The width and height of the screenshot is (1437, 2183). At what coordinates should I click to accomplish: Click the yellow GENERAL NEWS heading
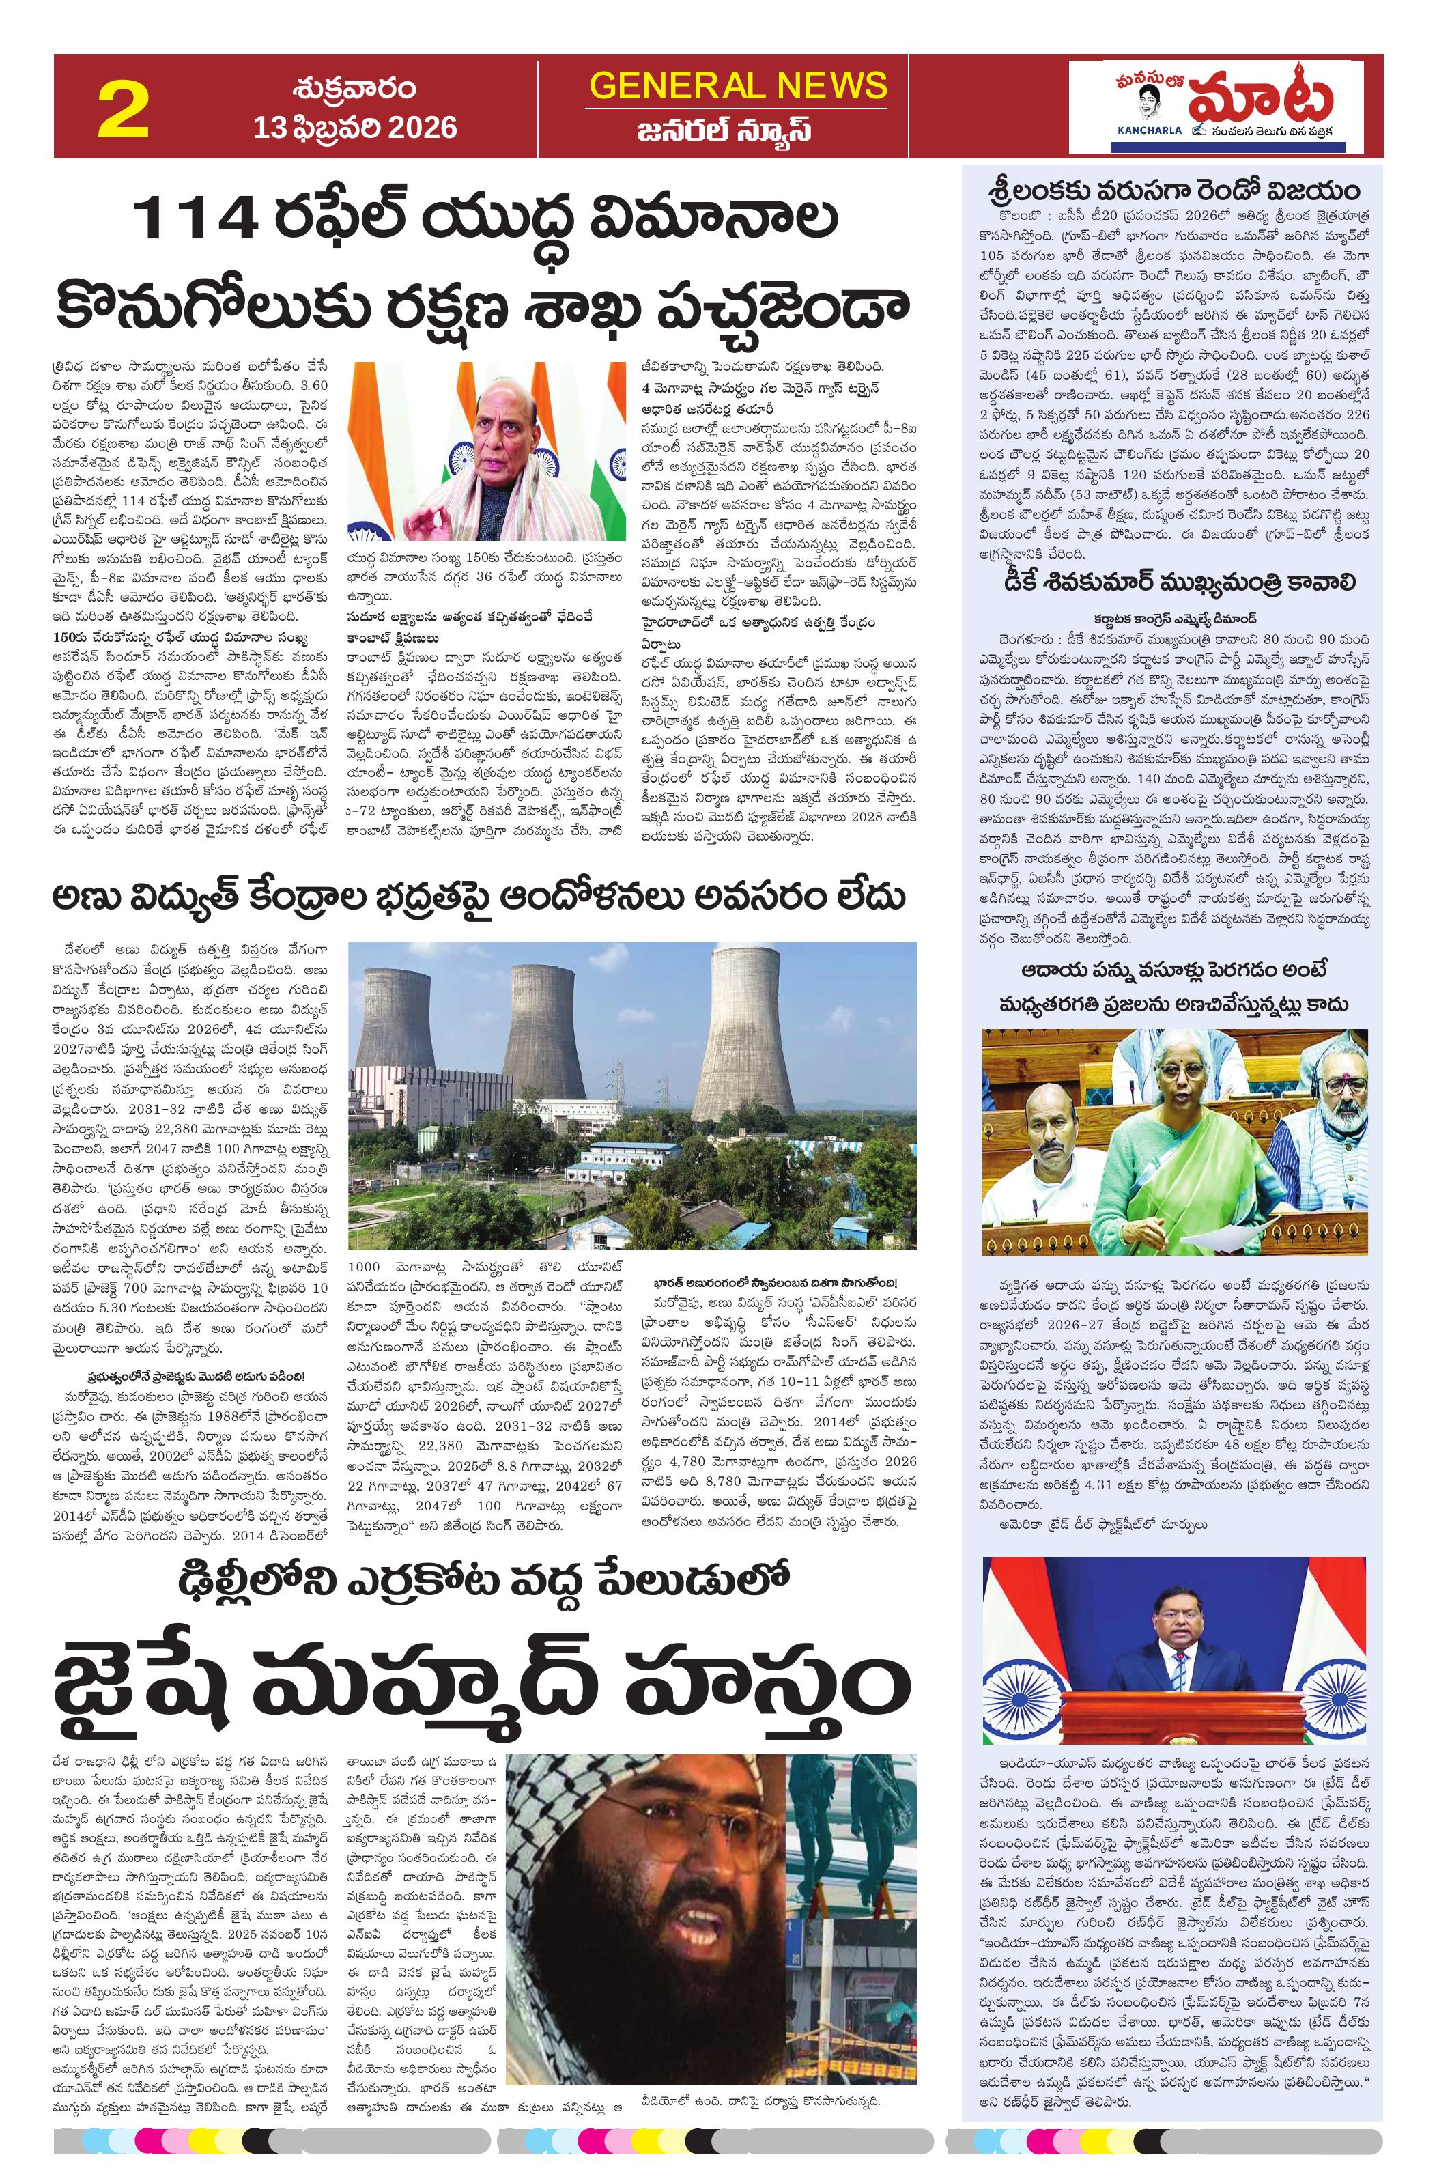[x=738, y=85]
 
